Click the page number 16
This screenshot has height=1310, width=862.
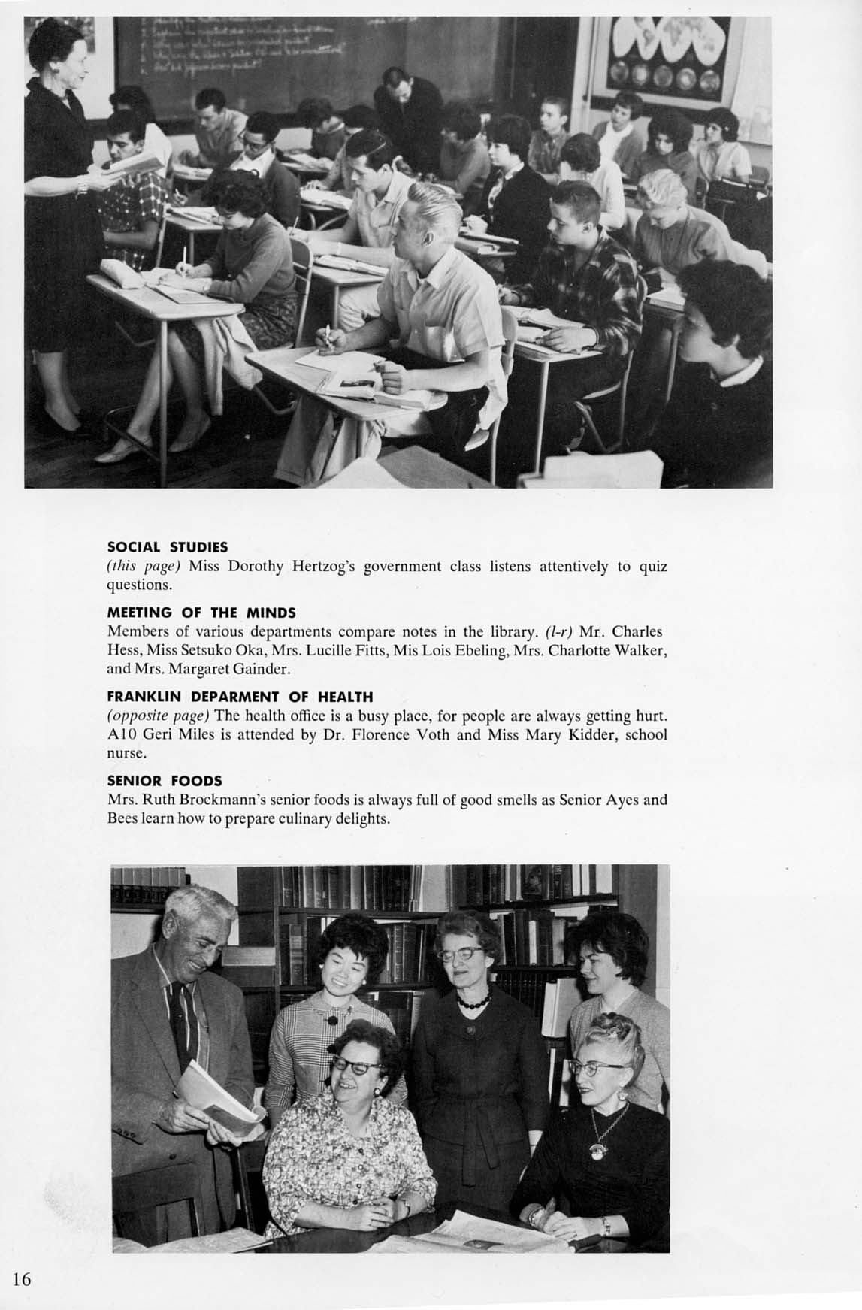[21, 1278]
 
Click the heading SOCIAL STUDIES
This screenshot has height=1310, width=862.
[168, 546]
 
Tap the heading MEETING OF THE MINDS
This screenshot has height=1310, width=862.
[201, 613]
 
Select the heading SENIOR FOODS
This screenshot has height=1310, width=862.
[165, 781]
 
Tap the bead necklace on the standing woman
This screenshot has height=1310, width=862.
[473, 1000]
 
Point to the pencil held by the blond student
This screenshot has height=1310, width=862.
[328, 335]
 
